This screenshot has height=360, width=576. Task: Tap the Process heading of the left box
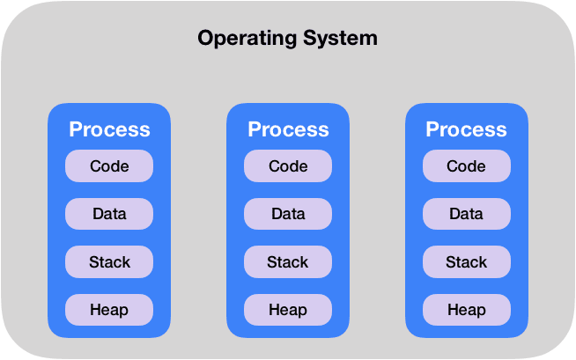tap(109, 129)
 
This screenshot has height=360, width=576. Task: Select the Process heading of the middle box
tap(288, 129)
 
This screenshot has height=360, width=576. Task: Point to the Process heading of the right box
tap(466, 129)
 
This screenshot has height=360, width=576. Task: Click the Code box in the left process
tap(109, 166)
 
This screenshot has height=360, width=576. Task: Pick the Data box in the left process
tap(109, 214)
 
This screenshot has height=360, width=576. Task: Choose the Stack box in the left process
tap(109, 261)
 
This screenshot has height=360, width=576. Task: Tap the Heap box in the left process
tap(109, 309)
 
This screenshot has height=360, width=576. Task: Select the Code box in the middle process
tap(288, 166)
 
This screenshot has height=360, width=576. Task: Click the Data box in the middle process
tap(288, 214)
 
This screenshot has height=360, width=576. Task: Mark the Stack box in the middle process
tap(288, 261)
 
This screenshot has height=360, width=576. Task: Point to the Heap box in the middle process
tap(288, 309)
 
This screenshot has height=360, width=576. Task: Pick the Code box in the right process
tap(466, 166)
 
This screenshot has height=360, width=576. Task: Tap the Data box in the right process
tap(466, 214)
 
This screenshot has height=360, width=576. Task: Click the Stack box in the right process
tap(466, 261)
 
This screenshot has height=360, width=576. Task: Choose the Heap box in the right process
tap(466, 309)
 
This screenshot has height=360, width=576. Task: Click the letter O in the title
tap(206, 39)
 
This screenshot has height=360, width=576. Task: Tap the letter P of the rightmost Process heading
tap(432, 129)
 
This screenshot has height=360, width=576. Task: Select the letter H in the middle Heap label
tap(274, 309)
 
